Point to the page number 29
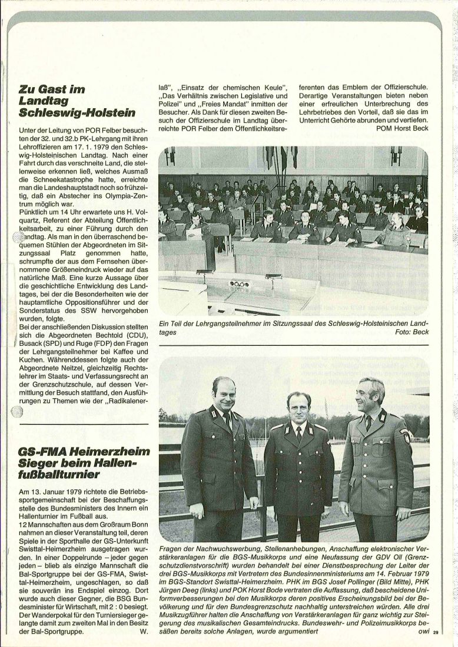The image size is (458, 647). pyautogui.click(x=436, y=633)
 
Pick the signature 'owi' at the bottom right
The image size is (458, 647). pyautogui.click(x=423, y=632)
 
